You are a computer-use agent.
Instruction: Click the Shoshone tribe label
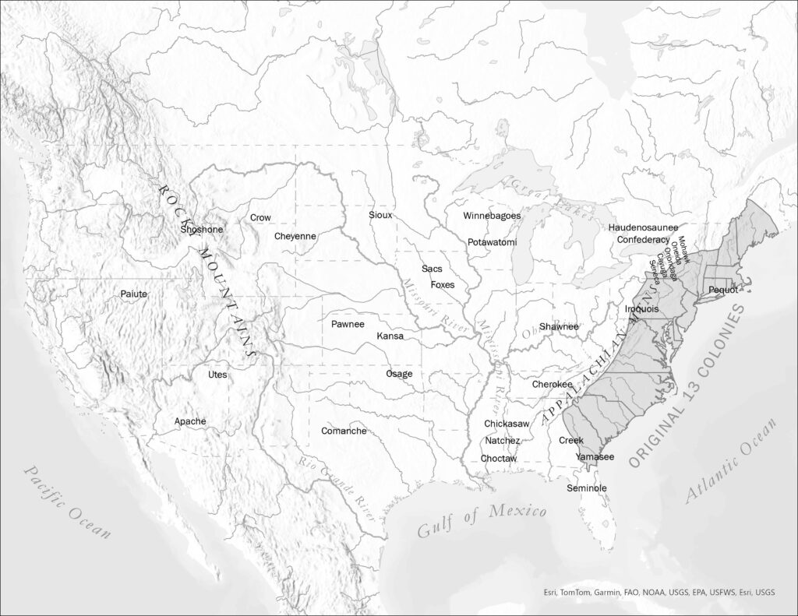pos(201,230)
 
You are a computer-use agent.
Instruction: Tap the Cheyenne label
pos(295,236)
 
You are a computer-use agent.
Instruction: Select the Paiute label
pos(133,294)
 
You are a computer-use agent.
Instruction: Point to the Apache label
pos(190,421)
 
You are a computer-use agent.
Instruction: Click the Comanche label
pos(344,431)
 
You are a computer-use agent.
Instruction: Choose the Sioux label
pos(381,215)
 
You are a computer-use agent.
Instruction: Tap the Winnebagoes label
pos(492,216)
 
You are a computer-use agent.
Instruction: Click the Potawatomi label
pos(493,242)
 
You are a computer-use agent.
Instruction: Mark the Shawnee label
pos(559,326)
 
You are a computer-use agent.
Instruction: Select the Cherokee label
pos(553,385)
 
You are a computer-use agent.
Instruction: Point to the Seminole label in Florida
pos(587,488)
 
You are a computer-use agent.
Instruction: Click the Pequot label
pos(723,290)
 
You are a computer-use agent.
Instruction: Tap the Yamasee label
pos(595,457)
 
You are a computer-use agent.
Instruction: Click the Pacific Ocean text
pos(67,502)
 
